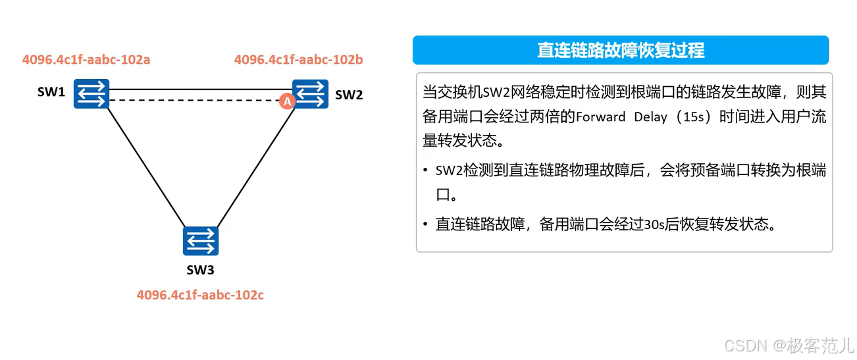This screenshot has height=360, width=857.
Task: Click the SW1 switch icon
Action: (x=91, y=94)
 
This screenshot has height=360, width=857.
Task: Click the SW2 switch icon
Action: (x=311, y=94)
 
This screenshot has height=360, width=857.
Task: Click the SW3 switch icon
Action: (x=201, y=241)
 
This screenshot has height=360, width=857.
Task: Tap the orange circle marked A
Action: (x=286, y=101)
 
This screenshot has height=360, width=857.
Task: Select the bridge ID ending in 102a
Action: (x=86, y=60)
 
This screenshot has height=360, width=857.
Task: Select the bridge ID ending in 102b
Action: (x=299, y=60)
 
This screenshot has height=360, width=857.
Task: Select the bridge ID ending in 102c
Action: (x=200, y=295)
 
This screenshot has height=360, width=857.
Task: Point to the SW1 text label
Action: (x=51, y=93)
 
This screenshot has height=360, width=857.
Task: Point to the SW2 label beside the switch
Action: (x=349, y=95)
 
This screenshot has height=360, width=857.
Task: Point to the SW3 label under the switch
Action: (x=200, y=270)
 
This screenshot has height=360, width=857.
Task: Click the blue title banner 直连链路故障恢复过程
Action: (x=621, y=51)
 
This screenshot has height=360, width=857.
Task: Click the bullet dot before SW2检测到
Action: (x=426, y=171)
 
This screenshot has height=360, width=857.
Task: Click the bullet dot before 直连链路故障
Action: (x=426, y=225)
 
